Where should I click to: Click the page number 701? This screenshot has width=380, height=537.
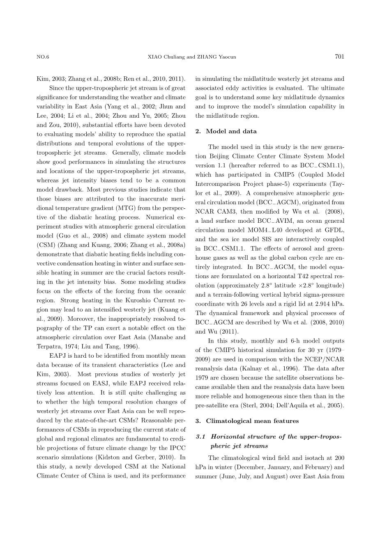point(339,57)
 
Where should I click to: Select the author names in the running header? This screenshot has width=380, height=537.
point(191,57)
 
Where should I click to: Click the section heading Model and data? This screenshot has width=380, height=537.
point(231,131)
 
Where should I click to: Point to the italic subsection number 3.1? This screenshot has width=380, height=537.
point(201,436)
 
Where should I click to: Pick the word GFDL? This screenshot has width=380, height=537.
point(336,230)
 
